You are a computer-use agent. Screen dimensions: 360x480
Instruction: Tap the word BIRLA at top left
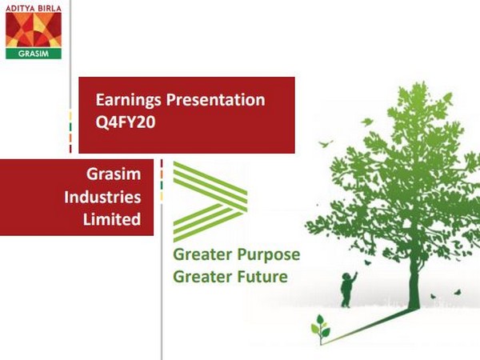[50, 6]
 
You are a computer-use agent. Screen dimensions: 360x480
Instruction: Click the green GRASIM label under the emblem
[34, 54]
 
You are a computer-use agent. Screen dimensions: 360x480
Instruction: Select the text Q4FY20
[122, 123]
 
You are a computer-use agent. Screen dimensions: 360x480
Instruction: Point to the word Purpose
[265, 255]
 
